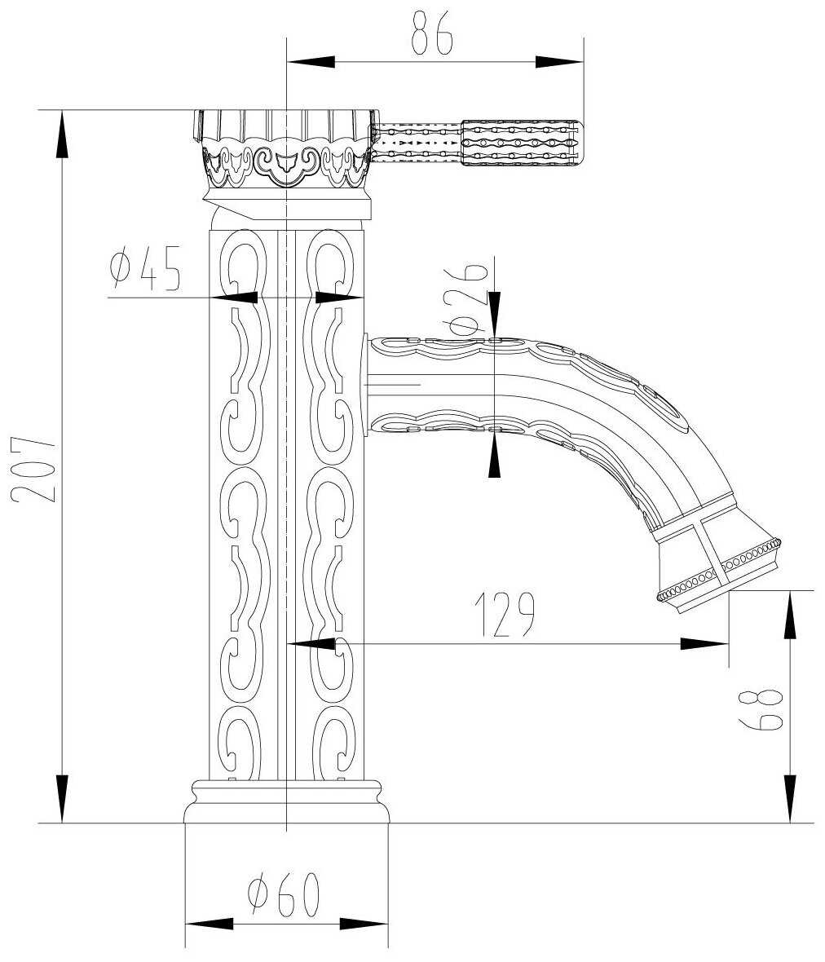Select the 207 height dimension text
point(33,469)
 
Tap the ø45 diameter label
point(145,268)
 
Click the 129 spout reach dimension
point(505,614)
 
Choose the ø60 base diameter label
point(284,894)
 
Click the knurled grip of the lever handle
point(520,143)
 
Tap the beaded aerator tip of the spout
point(717,571)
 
